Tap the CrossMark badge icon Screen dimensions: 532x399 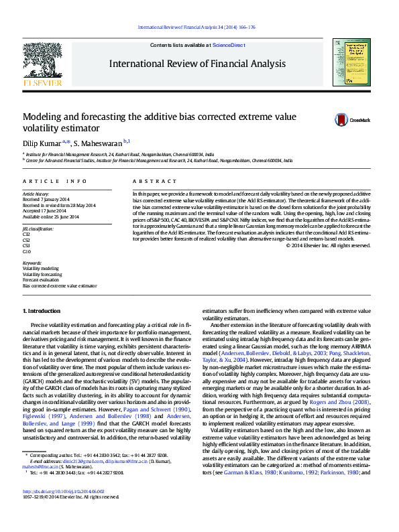click(343, 119)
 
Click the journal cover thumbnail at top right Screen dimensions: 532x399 click(351, 62)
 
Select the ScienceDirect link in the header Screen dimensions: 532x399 click(229, 44)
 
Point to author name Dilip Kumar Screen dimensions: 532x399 click(42, 143)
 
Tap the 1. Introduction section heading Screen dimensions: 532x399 click(42, 312)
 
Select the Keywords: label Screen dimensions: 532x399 click(32, 263)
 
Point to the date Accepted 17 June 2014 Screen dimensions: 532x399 click(46, 211)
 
